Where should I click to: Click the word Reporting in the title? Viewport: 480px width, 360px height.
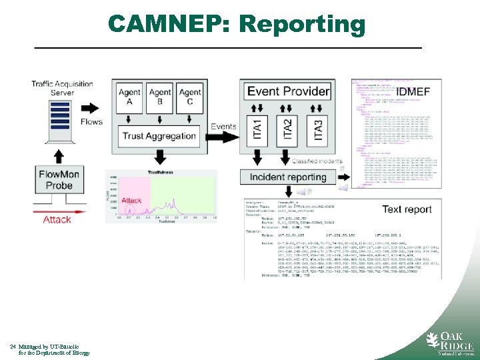point(302,25)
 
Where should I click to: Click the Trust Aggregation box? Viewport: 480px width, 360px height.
point(159,137)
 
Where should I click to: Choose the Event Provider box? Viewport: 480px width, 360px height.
point(287,91)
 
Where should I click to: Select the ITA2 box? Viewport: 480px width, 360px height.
point(288,129)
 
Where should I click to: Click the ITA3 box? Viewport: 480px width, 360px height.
point(318,129)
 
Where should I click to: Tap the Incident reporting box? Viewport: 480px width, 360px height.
point(287,177)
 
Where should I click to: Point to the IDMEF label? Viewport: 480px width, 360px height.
point(413,91)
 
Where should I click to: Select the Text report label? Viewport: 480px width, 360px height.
point(407,209)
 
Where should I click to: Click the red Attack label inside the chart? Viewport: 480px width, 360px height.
point(131,201)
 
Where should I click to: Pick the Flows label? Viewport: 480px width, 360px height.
point(91,121)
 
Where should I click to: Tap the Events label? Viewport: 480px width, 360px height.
point(223,127)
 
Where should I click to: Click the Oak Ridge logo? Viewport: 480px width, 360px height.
point(449,341)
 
